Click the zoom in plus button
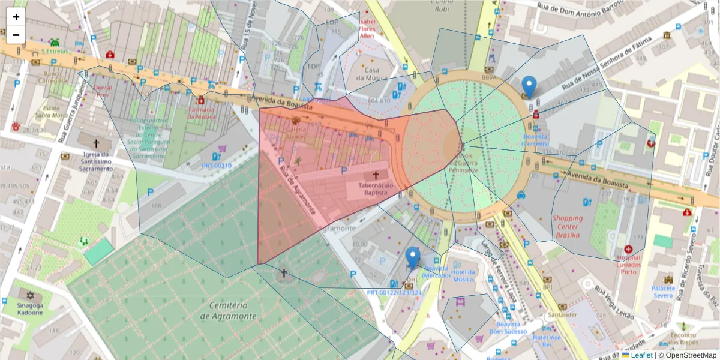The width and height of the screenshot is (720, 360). pyautogui.click(x=16, y=17)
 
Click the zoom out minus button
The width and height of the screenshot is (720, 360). pyautogui.click(x=16, y=35)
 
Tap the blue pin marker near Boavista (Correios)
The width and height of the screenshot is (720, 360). pyautogui.click(x=529, y=88)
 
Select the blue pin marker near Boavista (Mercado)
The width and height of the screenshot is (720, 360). pyautogui.click(x=412, y=258)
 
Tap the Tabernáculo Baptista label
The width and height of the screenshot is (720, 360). pyautogui.click(x=376, y=190)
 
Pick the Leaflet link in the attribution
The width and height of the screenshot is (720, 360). pyautogui.click(x=641, y=355)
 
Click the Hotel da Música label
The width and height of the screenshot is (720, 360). pyautogui.click(x=463, y=275)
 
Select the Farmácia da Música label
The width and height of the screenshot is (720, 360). pyautogui.click(x=202, y=113)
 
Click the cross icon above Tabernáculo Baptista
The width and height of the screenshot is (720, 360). pyautogui.click(x=376, y=175)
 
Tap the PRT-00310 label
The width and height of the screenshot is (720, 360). pyautogui.click(x=217, y=166)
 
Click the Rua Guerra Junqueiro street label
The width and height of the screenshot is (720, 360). pyautogui.click(x=71, y=114)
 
